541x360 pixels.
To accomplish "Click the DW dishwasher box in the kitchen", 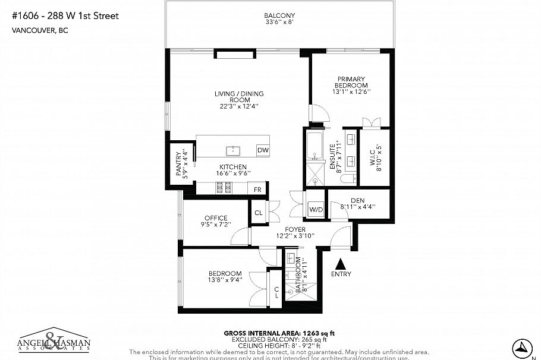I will pos(262,150).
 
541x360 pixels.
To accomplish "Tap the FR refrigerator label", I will pos(257,190).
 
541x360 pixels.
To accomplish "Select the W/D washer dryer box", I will pos(315,209).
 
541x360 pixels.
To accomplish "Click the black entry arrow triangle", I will pos(341,263).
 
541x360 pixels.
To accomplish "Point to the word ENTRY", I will pos(341,274).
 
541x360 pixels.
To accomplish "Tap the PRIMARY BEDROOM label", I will pos(350,82).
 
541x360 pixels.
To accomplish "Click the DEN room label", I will pos(357,200).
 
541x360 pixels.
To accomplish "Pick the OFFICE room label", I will pos(216,218).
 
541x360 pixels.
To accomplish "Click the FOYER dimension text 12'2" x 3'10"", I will pos(295,236).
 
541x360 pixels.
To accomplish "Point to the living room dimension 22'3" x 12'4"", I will pos(239,107).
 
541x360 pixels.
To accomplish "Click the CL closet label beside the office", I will pos(259,213).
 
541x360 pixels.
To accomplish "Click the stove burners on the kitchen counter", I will pos(223,188).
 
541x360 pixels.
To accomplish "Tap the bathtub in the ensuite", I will pos(313,145).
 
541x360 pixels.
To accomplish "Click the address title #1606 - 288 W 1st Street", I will pos(65,16).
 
